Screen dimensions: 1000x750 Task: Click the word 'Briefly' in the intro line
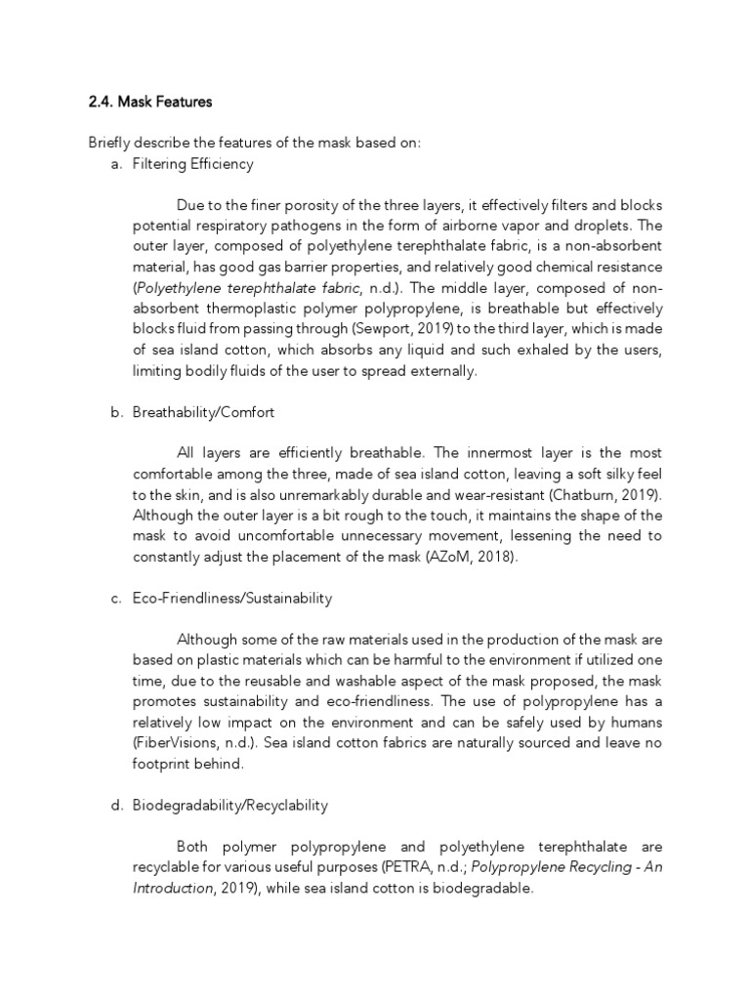108,144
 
